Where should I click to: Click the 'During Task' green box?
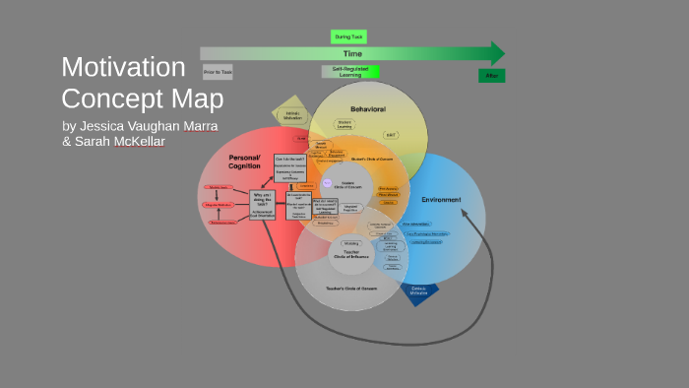click(348, 36)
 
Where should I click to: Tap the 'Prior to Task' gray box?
click(218, 72)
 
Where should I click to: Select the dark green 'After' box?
click(491, 76)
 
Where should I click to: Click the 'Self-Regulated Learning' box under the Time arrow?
click(349, 72)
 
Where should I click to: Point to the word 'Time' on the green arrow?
click(351, 53)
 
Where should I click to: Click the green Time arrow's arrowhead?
click(497, 53)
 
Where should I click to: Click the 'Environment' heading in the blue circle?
click(441, 200)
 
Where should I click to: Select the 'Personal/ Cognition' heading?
click(244, 162)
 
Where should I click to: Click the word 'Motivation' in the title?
click(123, 67)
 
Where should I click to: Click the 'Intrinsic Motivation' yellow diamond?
click(292, 117)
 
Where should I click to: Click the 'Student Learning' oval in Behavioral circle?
click(344, 125)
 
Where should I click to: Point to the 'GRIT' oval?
click(392, 135)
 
